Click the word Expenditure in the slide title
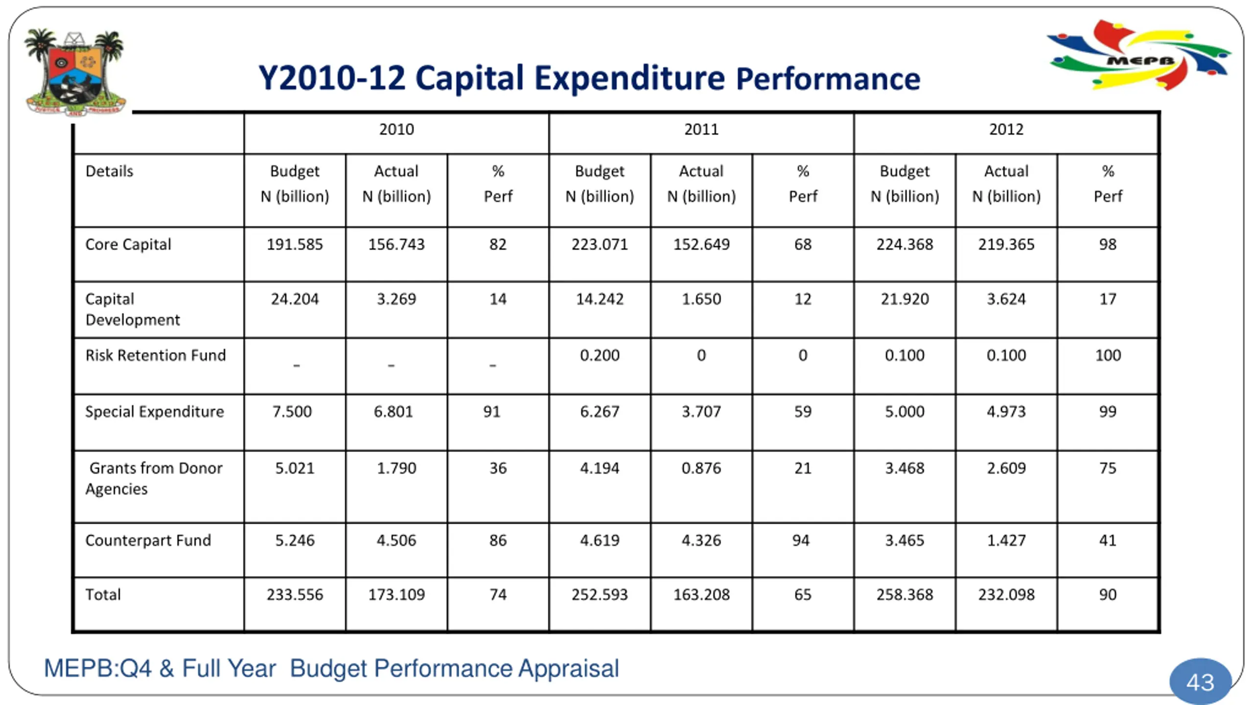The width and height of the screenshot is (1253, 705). (x=629, y=78)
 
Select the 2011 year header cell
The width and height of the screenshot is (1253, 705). (x=701, y=130)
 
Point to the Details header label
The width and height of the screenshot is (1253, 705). (x=109, y=171)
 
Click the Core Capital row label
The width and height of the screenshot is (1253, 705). (x=128, y=244)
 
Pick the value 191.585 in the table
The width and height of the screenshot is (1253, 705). (x=295, y=244)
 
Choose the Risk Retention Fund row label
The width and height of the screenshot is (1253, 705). (x=155, y=355)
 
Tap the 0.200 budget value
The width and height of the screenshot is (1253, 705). (x=600, y=355)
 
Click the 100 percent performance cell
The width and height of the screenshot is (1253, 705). (x=1108, y=355)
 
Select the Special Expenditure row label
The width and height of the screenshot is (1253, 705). (x=154, y=412)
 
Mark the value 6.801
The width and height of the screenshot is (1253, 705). (x=393, y=412)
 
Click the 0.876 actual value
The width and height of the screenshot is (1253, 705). (x=701, y=469)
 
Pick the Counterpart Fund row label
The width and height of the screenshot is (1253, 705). (x=148, y=540)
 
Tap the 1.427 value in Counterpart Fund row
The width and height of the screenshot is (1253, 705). (x=1006, y=540)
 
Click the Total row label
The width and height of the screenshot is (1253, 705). (x=103, y=595)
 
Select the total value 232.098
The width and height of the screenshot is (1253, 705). (x=1006, y=595)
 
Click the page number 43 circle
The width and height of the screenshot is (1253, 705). (x=1200, y=682)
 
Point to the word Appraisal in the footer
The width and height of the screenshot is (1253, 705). (x=569, y=669)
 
